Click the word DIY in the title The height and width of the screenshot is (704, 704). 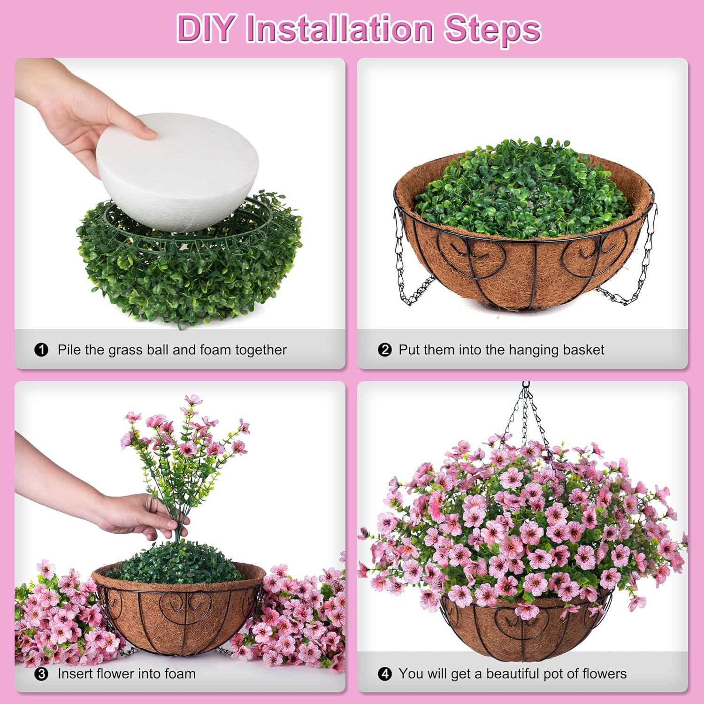pos(205,29)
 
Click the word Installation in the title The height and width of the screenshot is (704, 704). pos(339,29)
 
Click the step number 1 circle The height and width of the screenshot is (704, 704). pos(41,350)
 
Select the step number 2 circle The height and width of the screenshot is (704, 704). pos(384,350)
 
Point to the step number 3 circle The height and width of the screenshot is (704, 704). pos(41,674)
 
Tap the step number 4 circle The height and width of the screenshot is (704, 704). pos(384,674)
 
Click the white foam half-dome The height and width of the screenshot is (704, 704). pos(178,169)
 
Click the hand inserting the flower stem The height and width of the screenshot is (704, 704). pos(136,516)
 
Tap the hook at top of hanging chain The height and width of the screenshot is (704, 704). pos(526,386)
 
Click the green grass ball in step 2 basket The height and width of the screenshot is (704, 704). pos(521,188)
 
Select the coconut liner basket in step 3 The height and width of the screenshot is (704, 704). pos(178,610)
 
